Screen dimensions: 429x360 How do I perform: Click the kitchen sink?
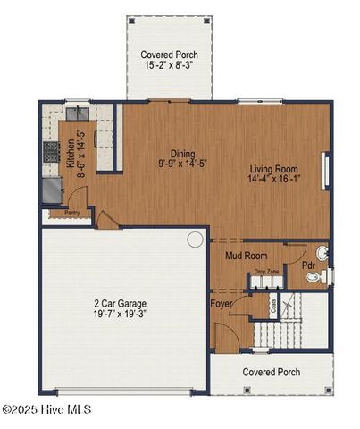point(77,114)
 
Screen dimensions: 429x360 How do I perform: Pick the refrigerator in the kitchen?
point(50,189)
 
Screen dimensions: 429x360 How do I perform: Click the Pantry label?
point(60,213)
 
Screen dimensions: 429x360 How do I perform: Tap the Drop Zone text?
point(266,271)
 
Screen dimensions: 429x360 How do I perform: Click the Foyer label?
point(222,304)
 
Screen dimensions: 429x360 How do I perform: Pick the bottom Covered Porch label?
point(272,372)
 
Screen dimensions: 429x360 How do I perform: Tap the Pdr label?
point(307,265)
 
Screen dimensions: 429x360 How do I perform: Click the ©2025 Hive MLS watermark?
point(46,409)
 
